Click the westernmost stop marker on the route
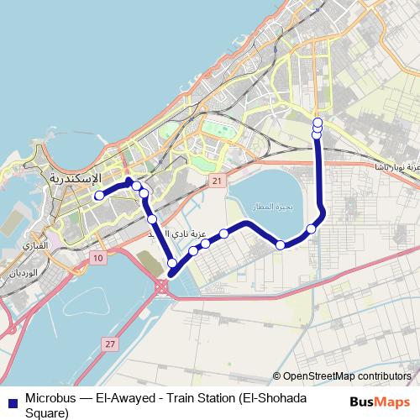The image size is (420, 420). [x=98, y=196]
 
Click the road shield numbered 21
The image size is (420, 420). [x=217, y=181]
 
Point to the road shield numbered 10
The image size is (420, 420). [x=98, y=258]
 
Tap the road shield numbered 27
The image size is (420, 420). [x=109, y=344]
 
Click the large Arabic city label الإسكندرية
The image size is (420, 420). [x=76, y=179]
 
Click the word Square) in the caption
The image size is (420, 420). [x=47, y=412]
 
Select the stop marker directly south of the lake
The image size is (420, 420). [x=281, y=244]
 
